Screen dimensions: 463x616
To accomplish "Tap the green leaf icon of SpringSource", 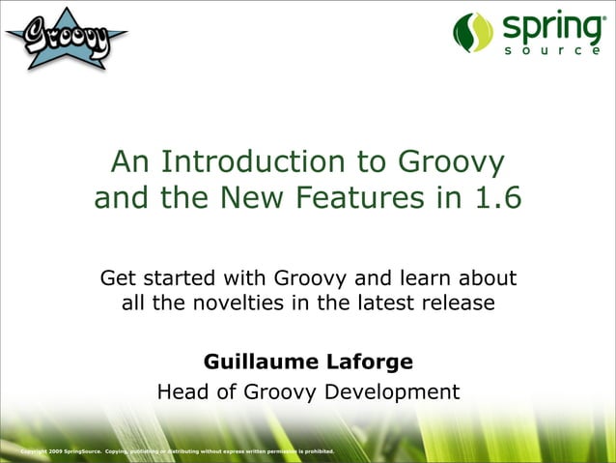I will [x=473, y=32].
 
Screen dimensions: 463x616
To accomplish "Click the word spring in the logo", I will [x=547, y=26].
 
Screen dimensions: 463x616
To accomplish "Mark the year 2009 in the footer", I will [x=53, y=451].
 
